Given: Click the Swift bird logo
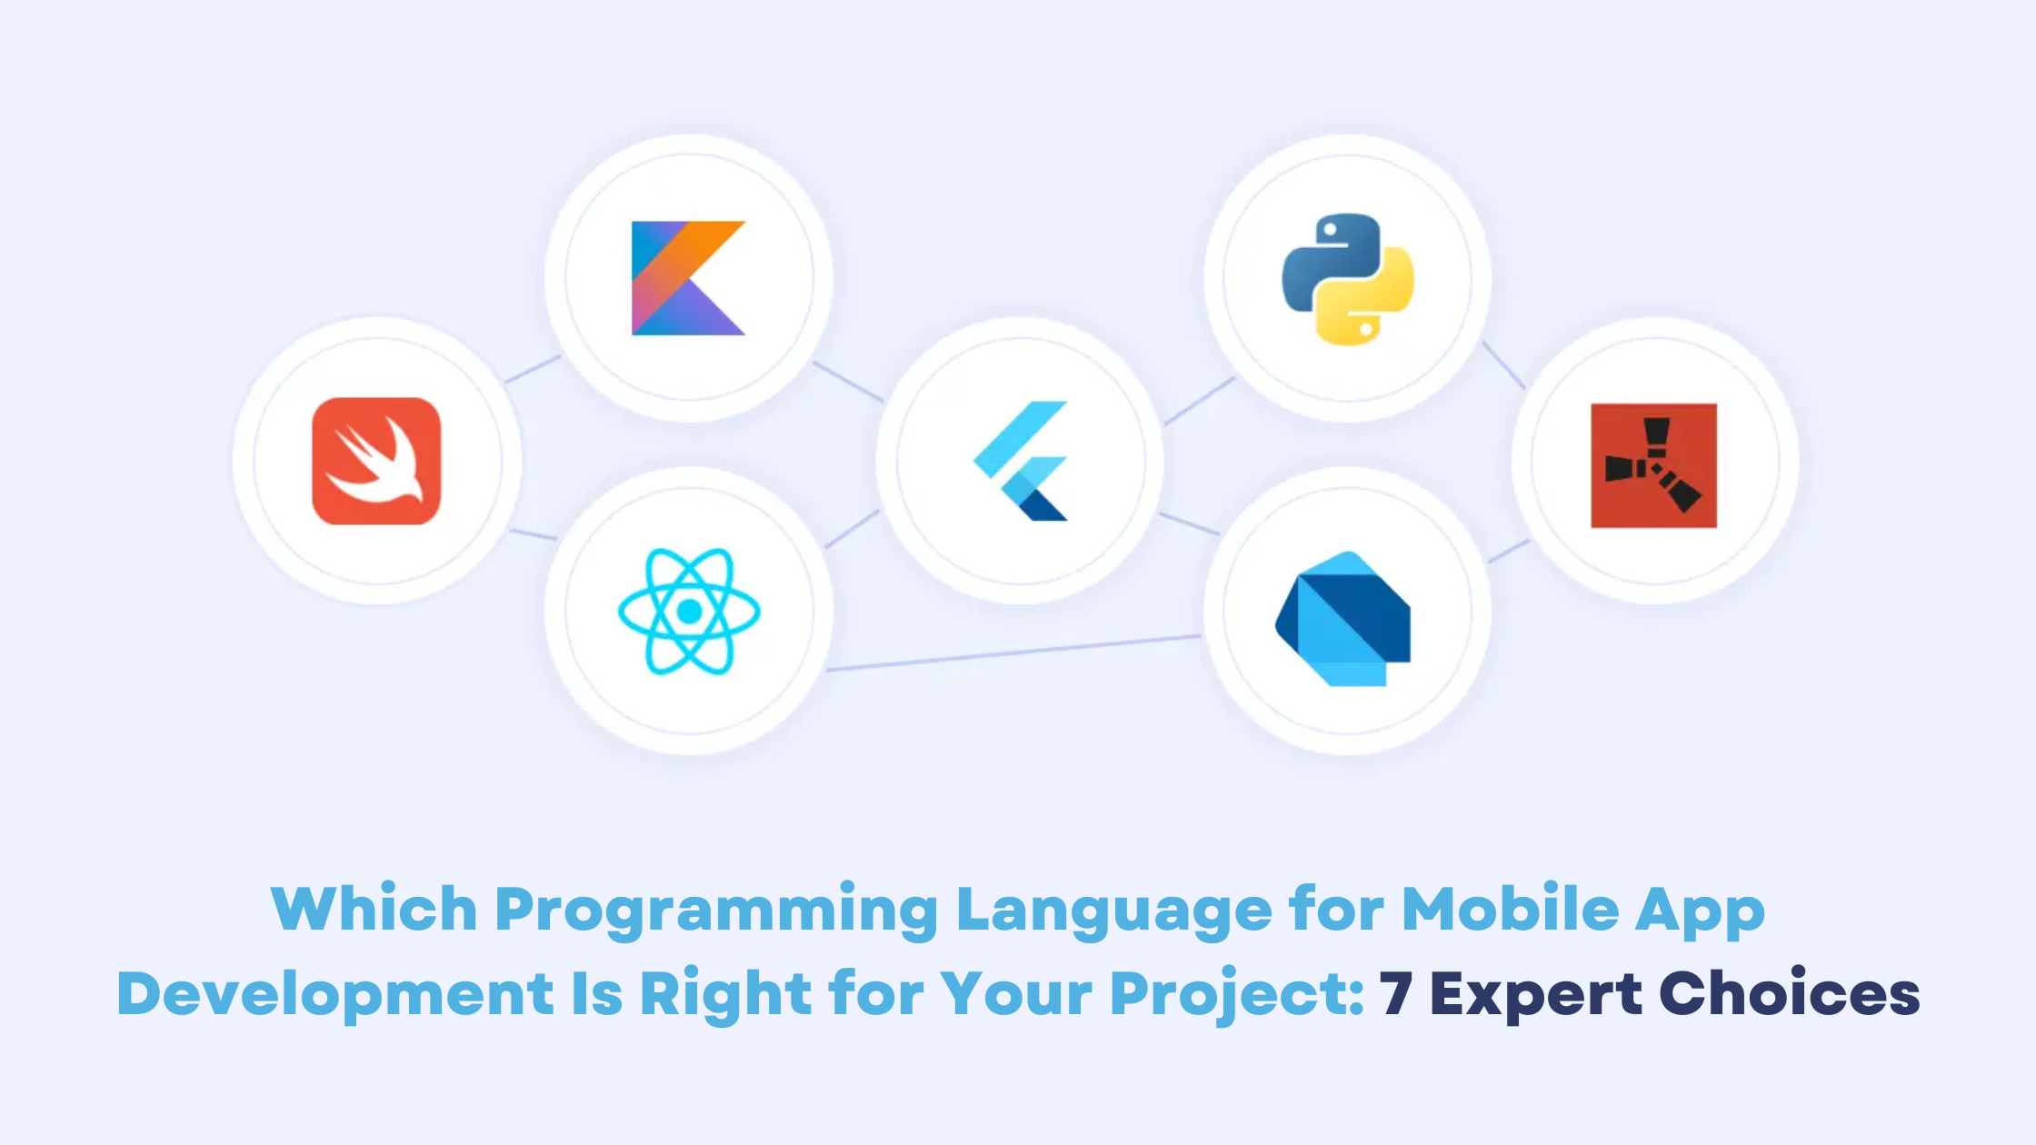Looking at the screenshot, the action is pyautogui.click(x=376, y=461).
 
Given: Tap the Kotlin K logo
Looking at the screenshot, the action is pyautogui.click(x=688, y=278).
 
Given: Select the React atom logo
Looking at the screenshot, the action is pyautogui.click(x=689, y=611).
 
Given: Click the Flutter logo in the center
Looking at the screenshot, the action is pyautogui.click(x=1020, y=461).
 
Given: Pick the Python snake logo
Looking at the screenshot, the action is pyautogui.click(x=1348, y=279).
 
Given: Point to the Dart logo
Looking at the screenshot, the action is pyautogui.click(x=1342, y=619).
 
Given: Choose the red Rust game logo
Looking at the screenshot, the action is pyautogui.click(x=1653, y=465).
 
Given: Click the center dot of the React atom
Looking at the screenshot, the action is pyautogui.click(x=689, y=612).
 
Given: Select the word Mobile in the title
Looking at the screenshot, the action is pyautogui.click(x=1510, y=908).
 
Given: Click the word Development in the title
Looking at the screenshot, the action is pyautogui.click(x=335, y=994).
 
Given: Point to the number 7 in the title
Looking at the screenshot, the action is pyautogui.click(x=1395, y=993).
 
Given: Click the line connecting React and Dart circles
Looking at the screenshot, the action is pyautogui.click(x=1013, y=652).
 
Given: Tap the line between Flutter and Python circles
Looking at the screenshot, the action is pyautogui.click(x=1200, y=401).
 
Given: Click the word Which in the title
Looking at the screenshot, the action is pyautogui.click(x=374, y=908).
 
